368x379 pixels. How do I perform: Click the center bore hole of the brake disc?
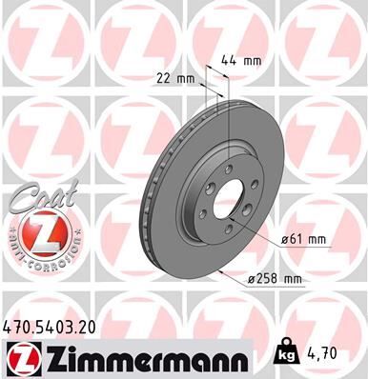230,204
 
